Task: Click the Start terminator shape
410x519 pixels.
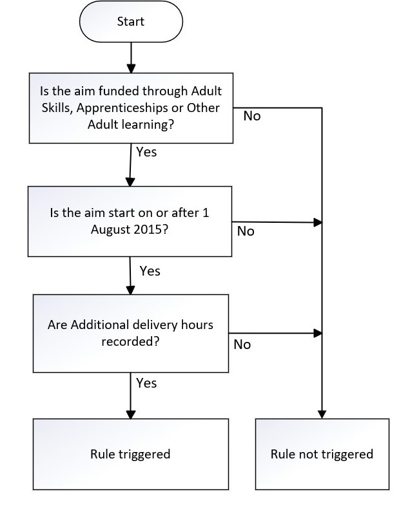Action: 131,22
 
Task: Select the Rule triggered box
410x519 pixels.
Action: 130,454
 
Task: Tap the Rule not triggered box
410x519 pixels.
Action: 322,454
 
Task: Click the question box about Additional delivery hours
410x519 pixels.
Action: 130,333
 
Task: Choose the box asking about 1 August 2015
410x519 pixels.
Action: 130,221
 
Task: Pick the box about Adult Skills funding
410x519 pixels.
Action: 131,107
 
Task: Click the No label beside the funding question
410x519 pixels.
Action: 252,117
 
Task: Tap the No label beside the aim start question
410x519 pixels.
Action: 246,231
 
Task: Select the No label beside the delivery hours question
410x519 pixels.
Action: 242,344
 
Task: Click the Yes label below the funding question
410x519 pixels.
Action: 146,153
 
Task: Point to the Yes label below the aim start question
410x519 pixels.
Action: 150,270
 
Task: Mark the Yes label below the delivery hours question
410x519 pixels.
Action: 146,383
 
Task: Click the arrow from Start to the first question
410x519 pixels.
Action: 131,58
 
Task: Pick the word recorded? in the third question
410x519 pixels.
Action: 130,341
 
